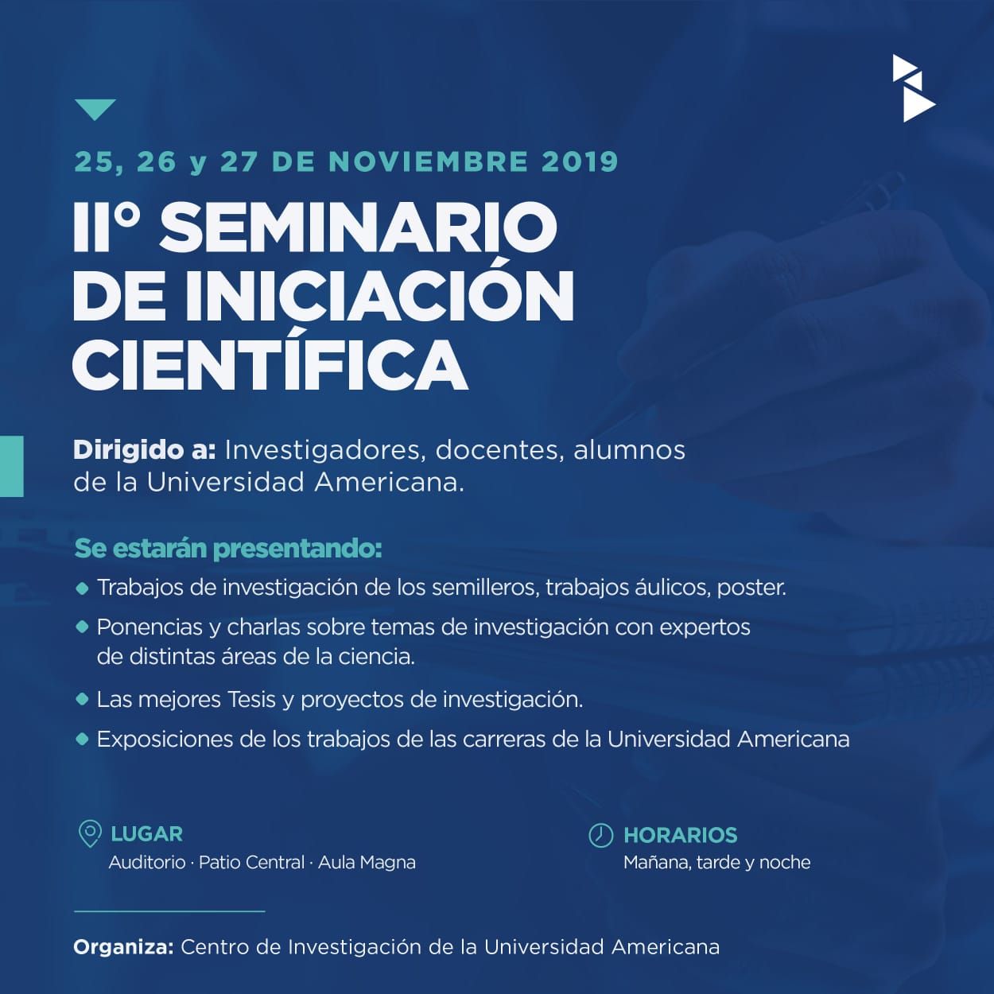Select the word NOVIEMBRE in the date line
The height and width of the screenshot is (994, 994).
(428, 161)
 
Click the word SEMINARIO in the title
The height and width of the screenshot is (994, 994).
(359, 227)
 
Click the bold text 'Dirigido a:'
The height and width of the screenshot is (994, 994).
(145, 451)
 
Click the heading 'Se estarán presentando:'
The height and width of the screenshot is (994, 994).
(228, 549)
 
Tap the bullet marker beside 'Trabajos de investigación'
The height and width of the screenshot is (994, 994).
(83, 588)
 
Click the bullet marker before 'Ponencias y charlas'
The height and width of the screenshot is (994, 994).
(83, 627)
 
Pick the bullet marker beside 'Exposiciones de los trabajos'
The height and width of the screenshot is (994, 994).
(83, 740)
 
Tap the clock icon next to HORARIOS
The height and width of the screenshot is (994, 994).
(601, 835)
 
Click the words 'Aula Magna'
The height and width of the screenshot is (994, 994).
(367, 863)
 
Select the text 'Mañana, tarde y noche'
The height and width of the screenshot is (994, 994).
(717, 863)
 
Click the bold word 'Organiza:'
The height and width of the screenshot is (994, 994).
(123, 947)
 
